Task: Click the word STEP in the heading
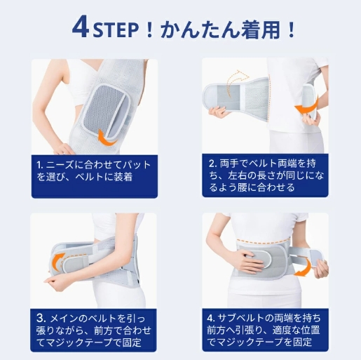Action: (114, 30)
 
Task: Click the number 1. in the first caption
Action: (40, 165)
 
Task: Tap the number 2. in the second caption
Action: (213, 164)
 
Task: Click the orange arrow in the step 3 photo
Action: (58, 259)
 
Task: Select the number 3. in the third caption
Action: (42, 318)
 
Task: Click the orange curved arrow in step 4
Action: (304, 268)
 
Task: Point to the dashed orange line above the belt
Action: (263, 239)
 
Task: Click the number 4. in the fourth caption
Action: (211, 318)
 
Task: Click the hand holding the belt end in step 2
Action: (219, 112)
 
